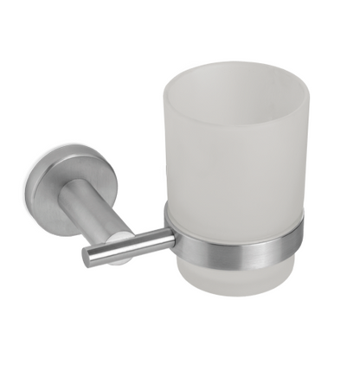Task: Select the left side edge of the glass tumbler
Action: [165, 147]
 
